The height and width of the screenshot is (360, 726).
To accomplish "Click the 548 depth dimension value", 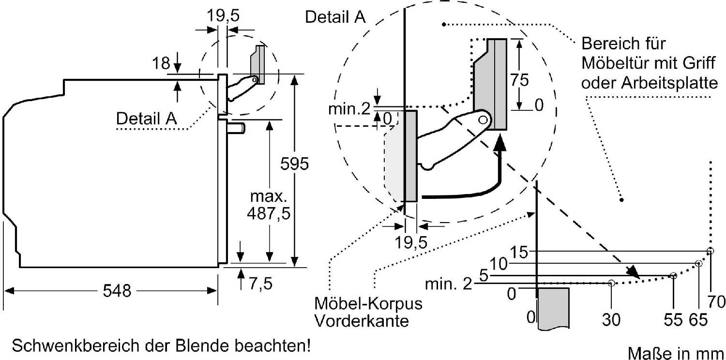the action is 117,291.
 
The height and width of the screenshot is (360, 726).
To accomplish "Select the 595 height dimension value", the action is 294,164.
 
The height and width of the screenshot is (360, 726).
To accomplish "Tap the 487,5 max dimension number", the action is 269,213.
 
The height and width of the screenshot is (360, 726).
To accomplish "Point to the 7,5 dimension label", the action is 260,284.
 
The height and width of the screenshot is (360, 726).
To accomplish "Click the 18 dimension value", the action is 161,63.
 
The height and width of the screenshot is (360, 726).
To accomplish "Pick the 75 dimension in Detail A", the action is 519,80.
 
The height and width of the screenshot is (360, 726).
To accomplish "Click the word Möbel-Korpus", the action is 368,303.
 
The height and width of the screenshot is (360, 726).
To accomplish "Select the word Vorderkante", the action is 362,321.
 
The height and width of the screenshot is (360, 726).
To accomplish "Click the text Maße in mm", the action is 676,353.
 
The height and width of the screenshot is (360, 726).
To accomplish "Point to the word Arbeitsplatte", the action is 669,83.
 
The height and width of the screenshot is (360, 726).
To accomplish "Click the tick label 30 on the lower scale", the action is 611,319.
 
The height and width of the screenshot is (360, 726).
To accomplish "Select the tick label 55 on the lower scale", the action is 673,319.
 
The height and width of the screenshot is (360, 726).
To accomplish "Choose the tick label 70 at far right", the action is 716,301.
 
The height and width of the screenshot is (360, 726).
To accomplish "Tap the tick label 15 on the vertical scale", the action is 519,252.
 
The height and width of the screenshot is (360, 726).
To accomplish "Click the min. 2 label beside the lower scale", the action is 449,284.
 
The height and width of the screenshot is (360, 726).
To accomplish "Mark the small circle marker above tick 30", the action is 611,283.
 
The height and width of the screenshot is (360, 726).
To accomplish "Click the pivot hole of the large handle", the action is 483,120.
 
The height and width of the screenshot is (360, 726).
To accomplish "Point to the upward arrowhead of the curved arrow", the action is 500,143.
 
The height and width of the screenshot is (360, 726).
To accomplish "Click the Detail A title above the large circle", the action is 335,17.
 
